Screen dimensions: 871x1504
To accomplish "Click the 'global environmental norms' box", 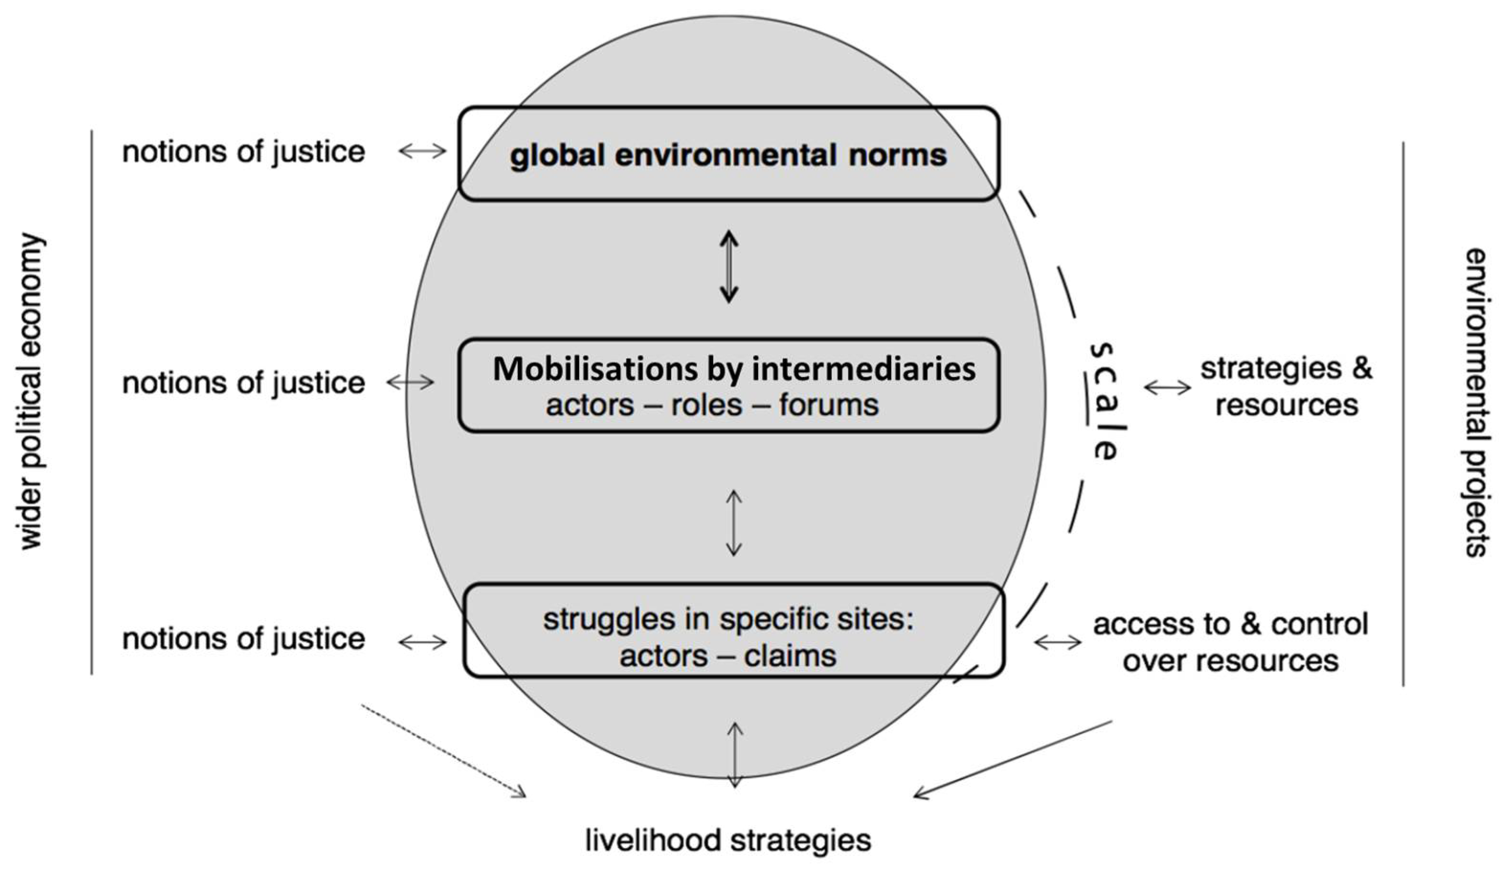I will point(728,154).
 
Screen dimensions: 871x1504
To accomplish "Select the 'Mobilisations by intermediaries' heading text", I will point(734,369).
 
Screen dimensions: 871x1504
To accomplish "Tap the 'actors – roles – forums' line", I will point(712,405).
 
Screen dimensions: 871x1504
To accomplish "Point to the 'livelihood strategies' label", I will point(728,840).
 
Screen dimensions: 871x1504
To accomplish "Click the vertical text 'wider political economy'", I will point(31,391).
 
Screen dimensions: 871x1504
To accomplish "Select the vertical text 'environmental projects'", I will point(1475,403).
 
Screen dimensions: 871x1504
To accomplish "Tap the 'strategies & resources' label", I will point(1286,387).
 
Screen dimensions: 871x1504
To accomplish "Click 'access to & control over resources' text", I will point(1231,642).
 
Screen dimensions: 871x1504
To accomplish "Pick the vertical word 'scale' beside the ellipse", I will point(1103,401).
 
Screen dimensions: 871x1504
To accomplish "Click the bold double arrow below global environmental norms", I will point(729,267).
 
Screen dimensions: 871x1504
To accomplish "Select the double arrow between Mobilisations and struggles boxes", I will point(734,523).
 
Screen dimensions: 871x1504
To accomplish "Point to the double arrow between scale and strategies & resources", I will point(1168,388).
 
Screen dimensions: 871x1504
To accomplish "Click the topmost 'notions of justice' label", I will point(244,152).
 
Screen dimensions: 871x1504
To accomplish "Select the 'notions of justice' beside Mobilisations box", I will point(244,383).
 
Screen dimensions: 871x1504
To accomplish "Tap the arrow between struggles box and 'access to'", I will point(1058,642).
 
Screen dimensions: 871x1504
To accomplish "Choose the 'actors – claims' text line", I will point(728,656).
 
